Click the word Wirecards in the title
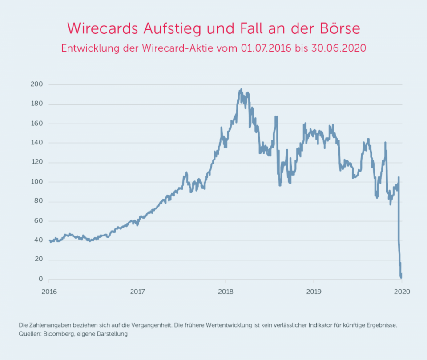[x=103, y=28]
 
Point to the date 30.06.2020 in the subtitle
[x=339, y=48]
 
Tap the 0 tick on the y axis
[x=40, y=279]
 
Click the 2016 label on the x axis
[x=48, y=292]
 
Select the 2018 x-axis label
[x=225, y=292]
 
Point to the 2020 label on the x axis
[x=402, y=292]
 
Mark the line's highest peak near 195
[x=241, y=89]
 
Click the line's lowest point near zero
[x=401, y=278]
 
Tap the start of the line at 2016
[x=49, y=240]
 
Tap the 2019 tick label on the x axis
[x=313, y=292]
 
